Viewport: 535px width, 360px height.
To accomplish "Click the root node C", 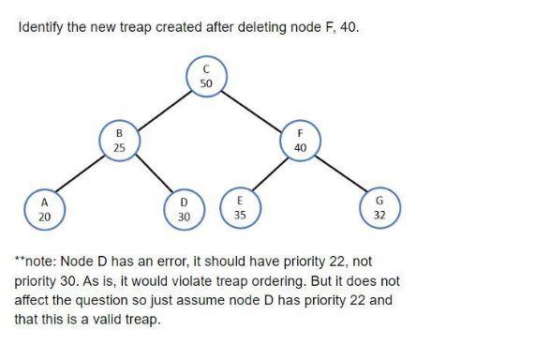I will tap(206, 76).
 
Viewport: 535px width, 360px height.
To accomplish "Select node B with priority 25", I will tap(118, 142).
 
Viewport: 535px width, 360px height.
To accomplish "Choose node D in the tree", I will tap(184, 209).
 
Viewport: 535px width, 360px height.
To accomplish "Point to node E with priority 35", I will tap(239, 205).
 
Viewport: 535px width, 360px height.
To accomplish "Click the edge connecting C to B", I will tap(162, 110).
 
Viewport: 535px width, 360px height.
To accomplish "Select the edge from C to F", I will tap(253, 110).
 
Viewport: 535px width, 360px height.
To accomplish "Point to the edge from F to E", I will tap(270, 175).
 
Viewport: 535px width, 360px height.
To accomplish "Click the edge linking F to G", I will tap(339, 176).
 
